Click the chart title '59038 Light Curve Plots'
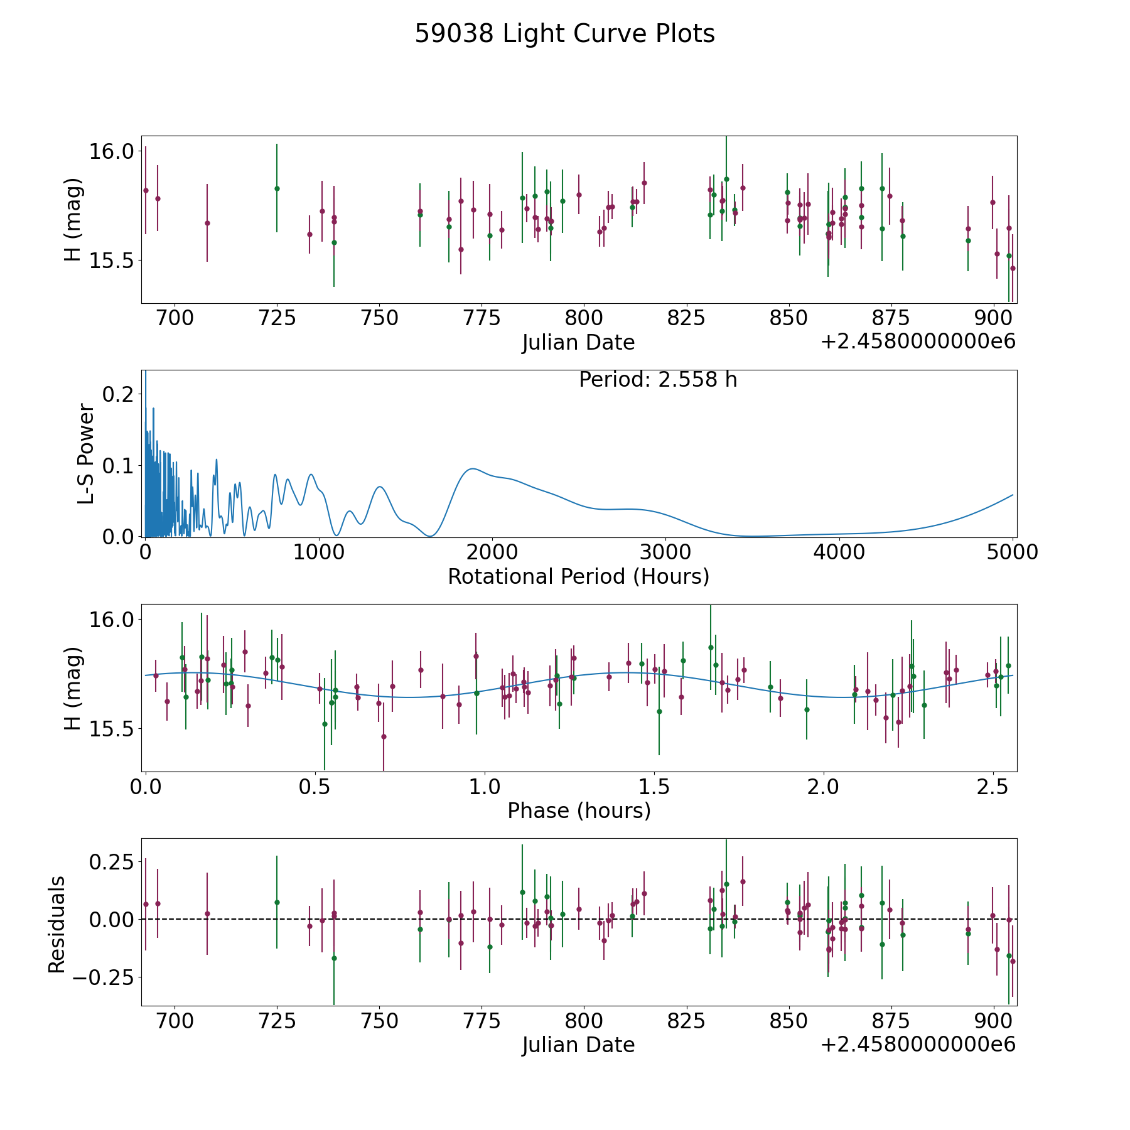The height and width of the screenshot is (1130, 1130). point(564,34)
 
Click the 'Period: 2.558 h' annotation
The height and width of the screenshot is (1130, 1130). point(658,380)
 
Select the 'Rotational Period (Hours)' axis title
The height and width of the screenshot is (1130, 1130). point(578,576)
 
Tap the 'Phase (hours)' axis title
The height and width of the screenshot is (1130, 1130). point(579,810)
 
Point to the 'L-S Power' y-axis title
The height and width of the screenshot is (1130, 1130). point(86,454)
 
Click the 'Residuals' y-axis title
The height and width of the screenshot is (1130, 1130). point(57,925)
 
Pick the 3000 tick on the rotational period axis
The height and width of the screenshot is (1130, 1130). point(665,552)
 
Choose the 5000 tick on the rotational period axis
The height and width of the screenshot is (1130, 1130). point(1012,552)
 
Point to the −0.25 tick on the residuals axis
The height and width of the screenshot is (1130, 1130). point(103,977)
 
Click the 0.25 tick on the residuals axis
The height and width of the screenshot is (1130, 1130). point(111,861)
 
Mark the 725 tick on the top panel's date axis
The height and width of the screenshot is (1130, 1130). point(277,318)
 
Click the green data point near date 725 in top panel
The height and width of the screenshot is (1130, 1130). point(277,188)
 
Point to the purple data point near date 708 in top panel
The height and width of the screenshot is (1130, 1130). point(207,223)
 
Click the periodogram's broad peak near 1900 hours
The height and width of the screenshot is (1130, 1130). point(472,468)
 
